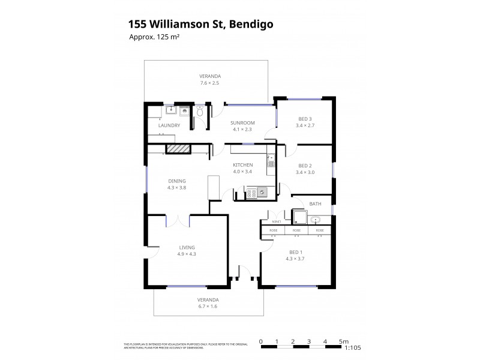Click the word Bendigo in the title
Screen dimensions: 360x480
[250, 24]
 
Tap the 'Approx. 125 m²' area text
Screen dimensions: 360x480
[155, 37]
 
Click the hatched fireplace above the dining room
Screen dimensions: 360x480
[178, 149]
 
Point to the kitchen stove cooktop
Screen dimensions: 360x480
[252, 193]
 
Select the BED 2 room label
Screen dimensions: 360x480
[305, 166]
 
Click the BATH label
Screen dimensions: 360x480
[315, 204]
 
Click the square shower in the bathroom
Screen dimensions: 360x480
[298, 216]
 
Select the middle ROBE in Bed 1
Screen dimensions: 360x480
[296, 230]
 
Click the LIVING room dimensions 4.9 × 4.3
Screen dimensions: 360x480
[187, 254]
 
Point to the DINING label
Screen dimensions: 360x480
[176, 181]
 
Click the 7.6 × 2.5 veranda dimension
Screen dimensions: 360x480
[210, 83]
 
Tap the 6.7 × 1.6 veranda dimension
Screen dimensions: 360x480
[209, 306]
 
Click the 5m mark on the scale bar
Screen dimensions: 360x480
[343, 341]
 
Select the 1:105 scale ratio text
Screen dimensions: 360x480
[352, 347]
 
